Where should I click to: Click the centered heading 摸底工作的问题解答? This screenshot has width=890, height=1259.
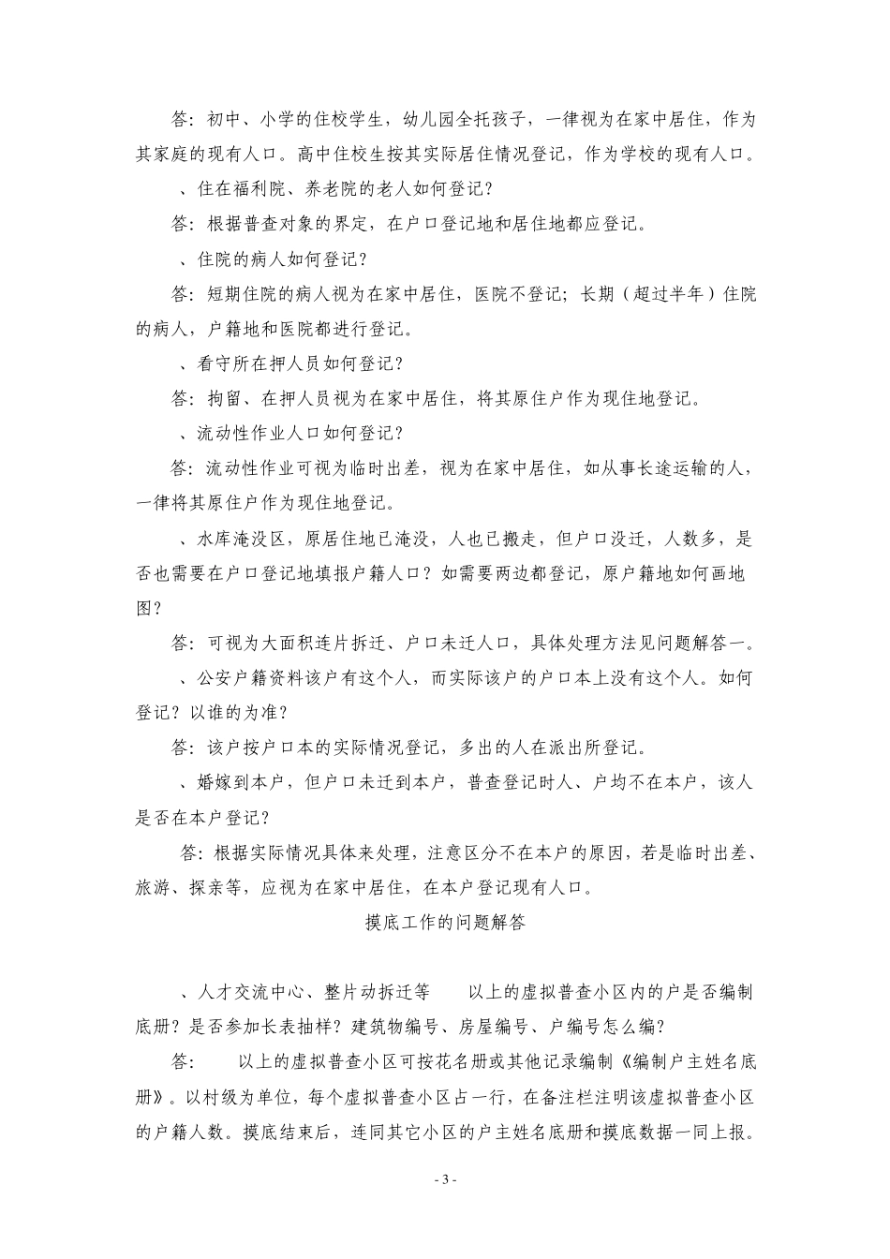point(445,923)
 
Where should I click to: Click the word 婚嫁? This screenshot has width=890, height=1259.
point(216,783)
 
